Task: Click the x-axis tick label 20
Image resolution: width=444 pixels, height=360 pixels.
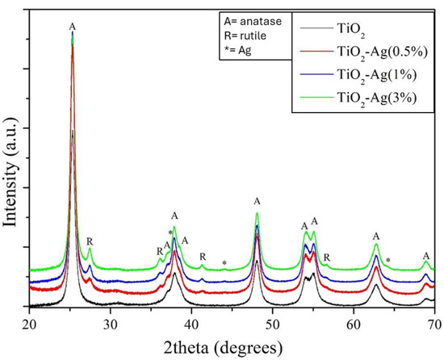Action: coord(30,323)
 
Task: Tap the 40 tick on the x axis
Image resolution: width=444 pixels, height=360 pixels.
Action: coord(191,323)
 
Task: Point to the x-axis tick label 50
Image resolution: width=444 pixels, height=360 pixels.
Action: coord(273,323)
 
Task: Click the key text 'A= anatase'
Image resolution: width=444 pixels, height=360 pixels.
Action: coord(253,19)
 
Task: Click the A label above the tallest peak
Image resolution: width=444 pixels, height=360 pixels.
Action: coord(73,27)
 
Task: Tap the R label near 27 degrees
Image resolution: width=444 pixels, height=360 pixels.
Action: coord(90,241)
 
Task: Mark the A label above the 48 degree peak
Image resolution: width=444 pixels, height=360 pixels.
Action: coord(257,201)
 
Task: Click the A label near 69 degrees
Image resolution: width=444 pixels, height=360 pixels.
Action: coord(426,256)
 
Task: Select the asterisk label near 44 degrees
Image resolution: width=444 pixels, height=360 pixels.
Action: coord(224,263)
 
